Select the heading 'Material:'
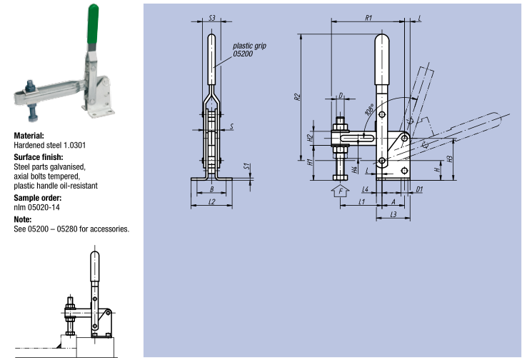click(x=29, y=135)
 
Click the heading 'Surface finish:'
click(x=39, y=156)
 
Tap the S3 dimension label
click(x=213, y=20)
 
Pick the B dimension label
click(x=212, y=189)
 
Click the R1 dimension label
click(x=368, y=18)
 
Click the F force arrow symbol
click(x=341, y=191)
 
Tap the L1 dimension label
click(x=362, y=202)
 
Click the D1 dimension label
click(x=420, y=189)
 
